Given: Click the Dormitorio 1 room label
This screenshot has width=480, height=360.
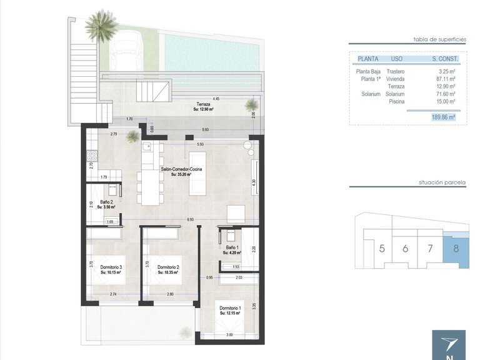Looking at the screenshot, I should click(x=230, y=309).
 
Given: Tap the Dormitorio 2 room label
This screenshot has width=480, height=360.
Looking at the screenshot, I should click(x=168, y=267).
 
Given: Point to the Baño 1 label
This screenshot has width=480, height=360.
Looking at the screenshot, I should click(x=231, y=249).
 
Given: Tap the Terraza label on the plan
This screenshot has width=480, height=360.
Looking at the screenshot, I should click(x=203, y=104).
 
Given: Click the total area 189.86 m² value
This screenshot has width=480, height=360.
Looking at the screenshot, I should click(x=443, y=117).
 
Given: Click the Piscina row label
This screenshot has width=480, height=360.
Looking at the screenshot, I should click(x=396, y=101).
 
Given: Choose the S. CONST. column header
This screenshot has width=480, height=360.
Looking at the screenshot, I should click(x=444, y=59).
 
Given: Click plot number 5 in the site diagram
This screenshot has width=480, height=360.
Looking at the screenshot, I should click(x=382, y=248).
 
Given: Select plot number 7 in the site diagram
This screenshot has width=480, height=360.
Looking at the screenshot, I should click(x=430, y=248).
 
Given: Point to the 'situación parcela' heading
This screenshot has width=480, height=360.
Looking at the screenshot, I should click(x=442, y=183).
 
